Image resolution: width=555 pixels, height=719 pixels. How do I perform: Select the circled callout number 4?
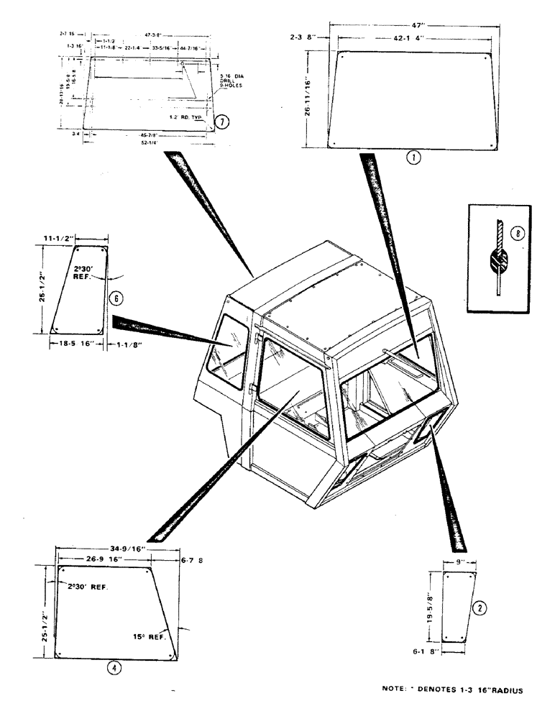click(114, 667)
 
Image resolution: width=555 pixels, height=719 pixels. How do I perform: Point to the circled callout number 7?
click(224, 122)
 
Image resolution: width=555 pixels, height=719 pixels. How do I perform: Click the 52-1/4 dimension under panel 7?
click(150, 143)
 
